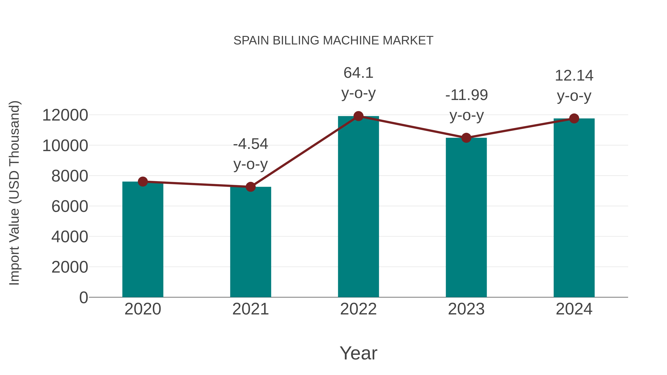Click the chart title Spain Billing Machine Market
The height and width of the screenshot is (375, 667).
[x=333, y=41]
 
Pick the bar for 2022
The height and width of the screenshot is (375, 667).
[x=358, y=207]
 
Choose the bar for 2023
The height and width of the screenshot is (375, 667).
[x=466, y=217]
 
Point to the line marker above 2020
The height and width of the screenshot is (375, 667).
[x=143, y=182]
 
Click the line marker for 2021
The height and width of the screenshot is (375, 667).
[x=250, y=187]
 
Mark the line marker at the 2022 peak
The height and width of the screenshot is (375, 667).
[x=358, y=116]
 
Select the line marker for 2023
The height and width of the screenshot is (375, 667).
[x=466, y=138]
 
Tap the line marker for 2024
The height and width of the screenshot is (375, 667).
[x=574, y=119]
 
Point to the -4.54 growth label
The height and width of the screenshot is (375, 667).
[x=250, y=144]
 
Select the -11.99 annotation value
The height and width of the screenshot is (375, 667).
[x=466, y=95]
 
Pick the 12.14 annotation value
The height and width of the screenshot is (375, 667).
[x=574, y=76]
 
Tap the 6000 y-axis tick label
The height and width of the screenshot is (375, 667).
[x=70, y=206]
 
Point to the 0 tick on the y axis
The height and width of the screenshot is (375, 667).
[x=83, y=297]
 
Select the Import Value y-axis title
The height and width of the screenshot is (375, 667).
[x=14, y=193]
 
